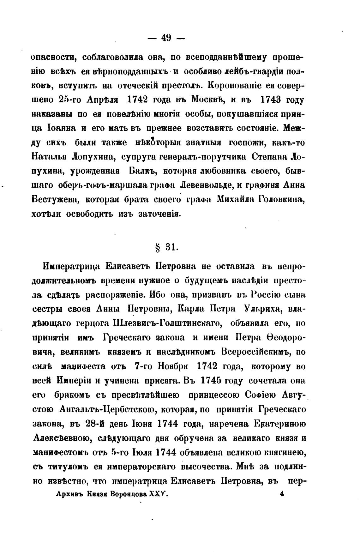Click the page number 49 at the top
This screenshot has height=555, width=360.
[166, 38]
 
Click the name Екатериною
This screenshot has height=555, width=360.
[280, 424]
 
